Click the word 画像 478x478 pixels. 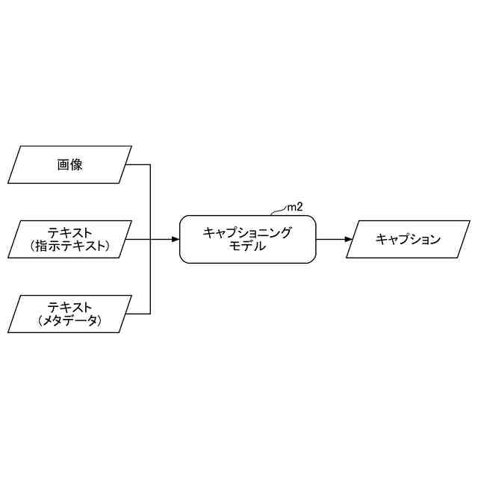click(69, 165)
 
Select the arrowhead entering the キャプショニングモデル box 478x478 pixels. click(176, 240)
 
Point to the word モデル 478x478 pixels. click(247, 246)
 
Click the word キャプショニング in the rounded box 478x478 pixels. click(247, 232)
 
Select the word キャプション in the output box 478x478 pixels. click(408, 240)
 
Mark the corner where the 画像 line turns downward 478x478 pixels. click(152, 165)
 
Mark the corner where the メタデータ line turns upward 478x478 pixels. click(152, 314)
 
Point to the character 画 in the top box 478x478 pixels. click(63, 165)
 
